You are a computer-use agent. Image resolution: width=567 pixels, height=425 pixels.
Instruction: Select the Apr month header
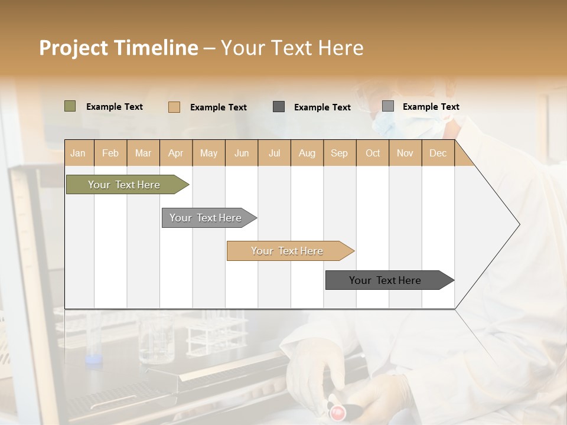pos(176,153)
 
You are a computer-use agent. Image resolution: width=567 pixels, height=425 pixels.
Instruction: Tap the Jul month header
pos(275,153)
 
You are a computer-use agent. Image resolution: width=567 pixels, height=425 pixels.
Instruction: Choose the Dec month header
pos(438,153)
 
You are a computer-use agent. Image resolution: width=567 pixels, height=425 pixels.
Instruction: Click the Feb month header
pos(110,153)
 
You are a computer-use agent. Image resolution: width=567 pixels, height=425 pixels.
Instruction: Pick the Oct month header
pos(373,153)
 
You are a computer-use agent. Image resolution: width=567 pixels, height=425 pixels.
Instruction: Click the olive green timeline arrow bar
pos(128,184)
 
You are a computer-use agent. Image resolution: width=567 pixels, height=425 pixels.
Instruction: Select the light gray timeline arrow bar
pos(209,218)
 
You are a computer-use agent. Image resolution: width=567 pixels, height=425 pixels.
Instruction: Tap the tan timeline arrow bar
pos(291,251)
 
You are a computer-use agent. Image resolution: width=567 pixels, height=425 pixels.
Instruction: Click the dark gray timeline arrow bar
pos(390,280)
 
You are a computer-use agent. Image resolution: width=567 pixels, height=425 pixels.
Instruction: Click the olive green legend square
pos(70,106)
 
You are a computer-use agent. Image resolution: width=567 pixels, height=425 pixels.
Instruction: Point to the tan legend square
pos(174,107)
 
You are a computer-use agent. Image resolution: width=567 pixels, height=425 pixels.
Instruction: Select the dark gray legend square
pos(278,107)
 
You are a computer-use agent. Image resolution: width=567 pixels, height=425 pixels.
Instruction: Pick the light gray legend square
pos(388,106)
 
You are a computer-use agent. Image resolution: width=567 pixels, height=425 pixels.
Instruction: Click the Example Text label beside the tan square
pos(219,107)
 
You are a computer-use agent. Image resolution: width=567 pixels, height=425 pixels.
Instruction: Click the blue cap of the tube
pos(94,359)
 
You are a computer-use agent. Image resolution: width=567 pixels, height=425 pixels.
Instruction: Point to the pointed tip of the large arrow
pos(520,224)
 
